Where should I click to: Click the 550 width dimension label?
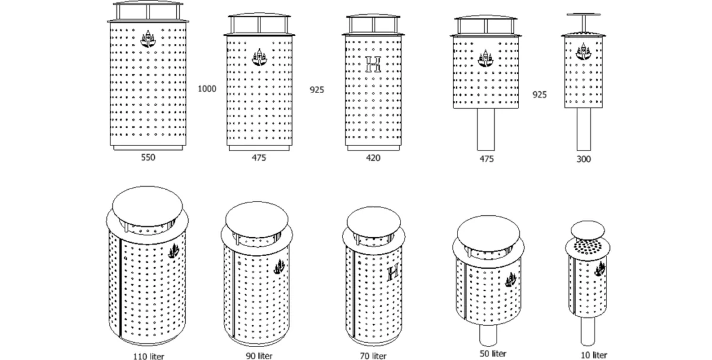(x=148, y=158)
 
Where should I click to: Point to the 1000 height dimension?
(x=207, y=89)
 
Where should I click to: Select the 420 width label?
(x=373, y=158)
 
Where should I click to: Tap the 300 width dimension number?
(x=583, y=159)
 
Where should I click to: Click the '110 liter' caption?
(x=148, y=356)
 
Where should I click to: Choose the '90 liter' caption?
(x=259, y=356)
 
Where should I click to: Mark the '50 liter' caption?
(x=494, y=353)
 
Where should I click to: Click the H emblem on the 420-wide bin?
(x=374, y=65)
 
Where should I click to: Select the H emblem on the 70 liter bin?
(x=392, y=273)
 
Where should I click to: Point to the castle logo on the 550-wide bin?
(x=148, y=39)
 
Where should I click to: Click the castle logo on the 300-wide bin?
(x=583, y=50)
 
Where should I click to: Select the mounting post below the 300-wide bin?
(x=583, y=129)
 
